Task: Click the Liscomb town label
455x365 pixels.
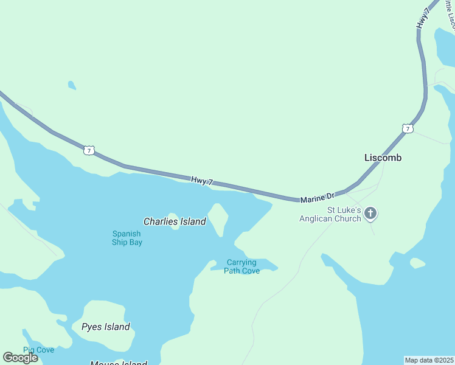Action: pyautogui.click(x=383, y=158)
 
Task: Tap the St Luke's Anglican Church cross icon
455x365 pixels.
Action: pyautogui.click(x=370, y=214)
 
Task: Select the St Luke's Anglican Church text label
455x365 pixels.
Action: pyautogui.click(x=330, y=214)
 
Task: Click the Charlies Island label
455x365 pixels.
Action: pyautogui.click(x=175, y=221)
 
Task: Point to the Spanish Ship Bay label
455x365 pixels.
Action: pyautogui.click(x=127, y=238)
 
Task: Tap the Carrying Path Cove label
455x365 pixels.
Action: pyautogui.click(x=241, y=266)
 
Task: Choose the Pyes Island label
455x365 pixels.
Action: pyautogui.click(x=106, y=327)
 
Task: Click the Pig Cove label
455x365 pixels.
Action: pyautogui.click(x=38, y=350)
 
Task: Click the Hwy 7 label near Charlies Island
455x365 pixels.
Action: pyautogui.click(x=202, y=180)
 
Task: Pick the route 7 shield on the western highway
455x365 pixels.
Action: pyautogui.click(x=89, y=150)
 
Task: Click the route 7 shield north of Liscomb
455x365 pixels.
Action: pyautogui.click(x=407, y=128)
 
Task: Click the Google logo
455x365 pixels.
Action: pyautogui.click(x=20, y=357)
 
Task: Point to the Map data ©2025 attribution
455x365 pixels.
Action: pyautogui.click(x=429, y=360)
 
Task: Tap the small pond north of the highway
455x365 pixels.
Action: pyautogui.click(x=72, y=85)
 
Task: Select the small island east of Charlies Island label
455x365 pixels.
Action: pyautogui.click(x=218, y=218)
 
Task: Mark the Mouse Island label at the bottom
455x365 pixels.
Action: pyautogui.click(x=119, y=363)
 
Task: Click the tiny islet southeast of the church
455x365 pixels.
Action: pyautogui.click(x=417, y=263)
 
